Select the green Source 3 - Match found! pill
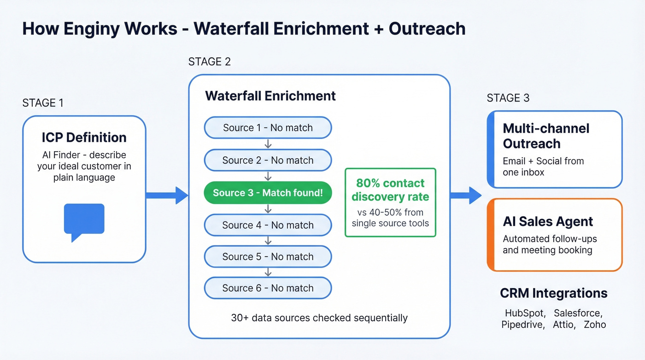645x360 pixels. click(268, 193)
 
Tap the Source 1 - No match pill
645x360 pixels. click(268, 128)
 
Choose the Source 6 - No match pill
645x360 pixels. click(268, 288)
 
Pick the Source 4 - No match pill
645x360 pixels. click(268, 225)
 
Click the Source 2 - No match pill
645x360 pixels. click(268, 160)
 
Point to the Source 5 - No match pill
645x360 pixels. click(268, 256)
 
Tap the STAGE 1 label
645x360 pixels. click(43, 103)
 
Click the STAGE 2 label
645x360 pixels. click(210, 62)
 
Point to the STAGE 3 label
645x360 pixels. click(508, 98)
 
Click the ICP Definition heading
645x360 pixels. click(84, 137)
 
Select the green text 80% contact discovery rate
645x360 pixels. click(390, 190)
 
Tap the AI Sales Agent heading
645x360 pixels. click(548, 222)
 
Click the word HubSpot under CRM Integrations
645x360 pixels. click(525, 313)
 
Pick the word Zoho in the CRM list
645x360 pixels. click(595, 325)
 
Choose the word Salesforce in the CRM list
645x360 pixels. click(578, 313)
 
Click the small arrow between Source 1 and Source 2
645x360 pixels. click(268, 144)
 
